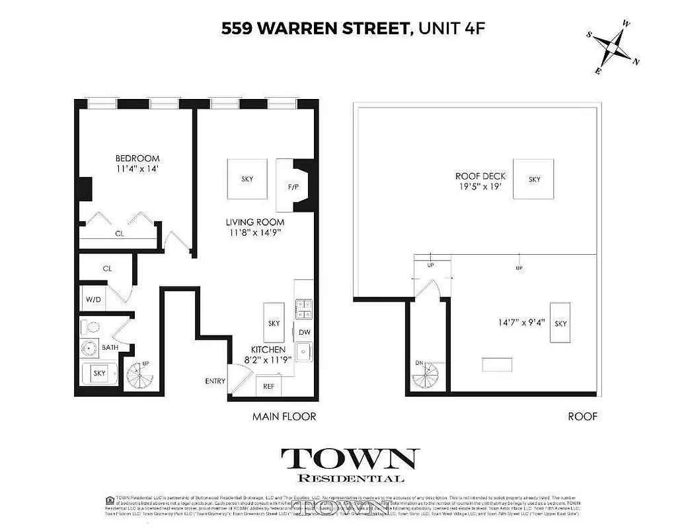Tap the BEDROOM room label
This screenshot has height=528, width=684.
[137, 158]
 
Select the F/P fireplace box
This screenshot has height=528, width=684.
[293, 187]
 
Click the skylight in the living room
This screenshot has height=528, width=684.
[247, 179]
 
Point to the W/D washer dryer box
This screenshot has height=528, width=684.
[93, 299]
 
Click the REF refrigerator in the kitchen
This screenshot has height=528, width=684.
[268, 386]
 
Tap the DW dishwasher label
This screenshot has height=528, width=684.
[304, 333]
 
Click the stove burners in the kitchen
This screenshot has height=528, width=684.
[303, 310]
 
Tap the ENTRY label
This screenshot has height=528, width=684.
[215, 381]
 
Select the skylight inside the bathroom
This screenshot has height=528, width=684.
[99, 374]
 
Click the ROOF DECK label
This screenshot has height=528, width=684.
[480, 176]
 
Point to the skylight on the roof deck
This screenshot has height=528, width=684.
[534, 179]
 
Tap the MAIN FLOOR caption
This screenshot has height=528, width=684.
[284, 416]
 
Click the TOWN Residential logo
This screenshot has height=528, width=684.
[350, 465]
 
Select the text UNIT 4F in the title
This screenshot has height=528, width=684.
[447, 28]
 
